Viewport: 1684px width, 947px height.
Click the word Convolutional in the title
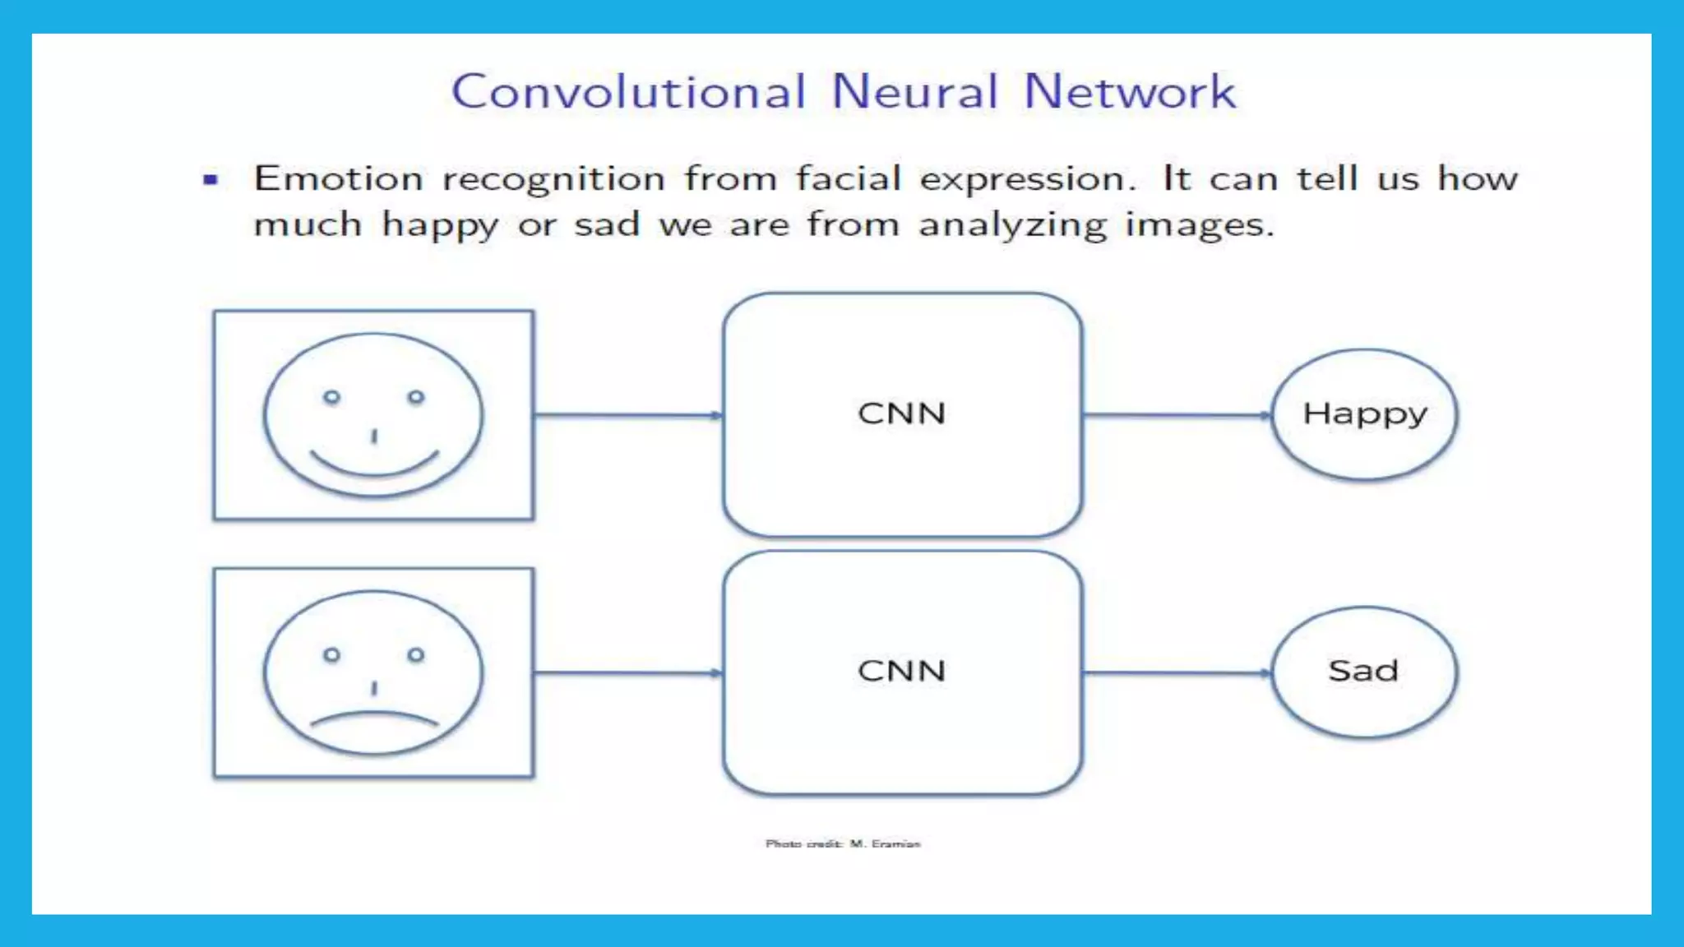(628, 91)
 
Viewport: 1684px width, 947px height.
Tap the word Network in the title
(1130, 91)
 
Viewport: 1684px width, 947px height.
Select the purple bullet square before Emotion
(210, 179)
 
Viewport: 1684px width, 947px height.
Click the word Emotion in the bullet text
(338, 178)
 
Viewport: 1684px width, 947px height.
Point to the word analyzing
(1013, 225)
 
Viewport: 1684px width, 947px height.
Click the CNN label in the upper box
(901, 413)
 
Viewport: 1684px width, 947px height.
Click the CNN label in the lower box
(901, 671)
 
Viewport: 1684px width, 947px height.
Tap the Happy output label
(1365, 414)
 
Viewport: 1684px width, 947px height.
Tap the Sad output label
(1363, 671)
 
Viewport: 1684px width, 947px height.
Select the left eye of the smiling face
(331, 398)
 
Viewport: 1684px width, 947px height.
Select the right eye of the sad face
(416, 655)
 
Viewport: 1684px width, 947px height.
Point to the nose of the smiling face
(374, 436)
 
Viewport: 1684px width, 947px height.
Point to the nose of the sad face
(374, 688)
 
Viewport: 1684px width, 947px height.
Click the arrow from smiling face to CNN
(628, 415)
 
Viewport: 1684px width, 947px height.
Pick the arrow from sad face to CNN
(628, 673)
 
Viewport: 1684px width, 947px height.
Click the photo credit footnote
(843, 843)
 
